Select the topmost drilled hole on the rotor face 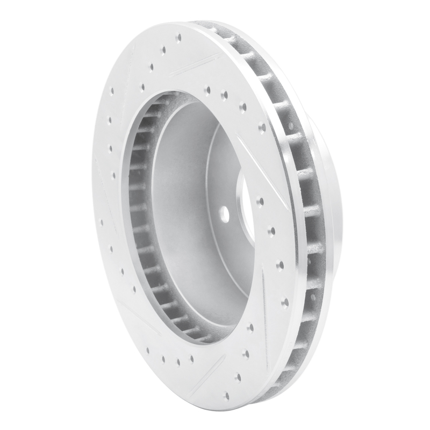tap(178, 38)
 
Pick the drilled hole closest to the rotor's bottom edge tap(226, 396)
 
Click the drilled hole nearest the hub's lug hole tap(260, 202)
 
